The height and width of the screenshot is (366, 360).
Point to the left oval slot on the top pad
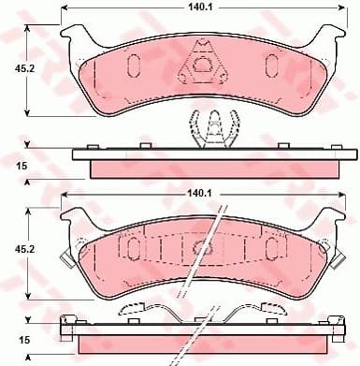(x=132, y=65)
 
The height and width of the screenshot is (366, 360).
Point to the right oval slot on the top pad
(x=272, y=65)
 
